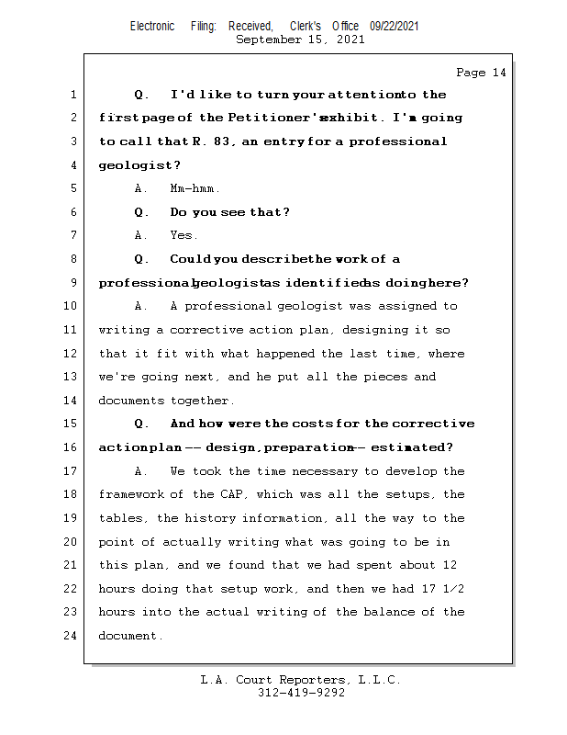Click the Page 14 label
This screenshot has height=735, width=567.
coord(481,73)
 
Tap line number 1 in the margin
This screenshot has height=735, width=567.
coord(72,95)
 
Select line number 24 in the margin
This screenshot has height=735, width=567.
coord(72,635)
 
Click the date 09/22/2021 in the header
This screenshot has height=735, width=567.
coord(395,27)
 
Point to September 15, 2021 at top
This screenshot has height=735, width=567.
coord(300,40)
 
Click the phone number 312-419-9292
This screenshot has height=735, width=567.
coord(301,693)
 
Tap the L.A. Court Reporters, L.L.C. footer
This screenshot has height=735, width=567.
coord(301,680)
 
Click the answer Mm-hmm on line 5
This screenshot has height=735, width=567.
coord(195,189)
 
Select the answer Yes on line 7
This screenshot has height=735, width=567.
coord(183,236)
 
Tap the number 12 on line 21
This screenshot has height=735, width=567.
coord(449,565)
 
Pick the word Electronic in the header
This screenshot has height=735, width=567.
coord(152,27)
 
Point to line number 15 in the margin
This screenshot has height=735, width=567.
coord(72,424)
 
